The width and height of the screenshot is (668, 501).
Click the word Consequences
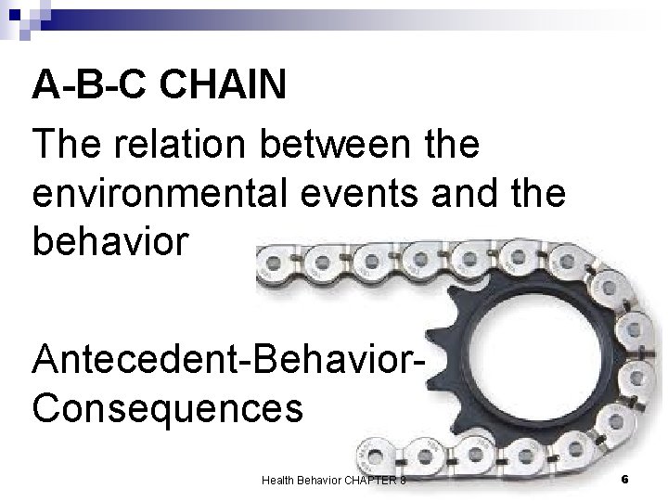(167, 405)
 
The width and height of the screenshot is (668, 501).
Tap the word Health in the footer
(278, 480)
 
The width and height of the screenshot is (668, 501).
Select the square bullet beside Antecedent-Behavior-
(19, 358)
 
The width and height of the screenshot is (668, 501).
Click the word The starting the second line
(62, 145)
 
